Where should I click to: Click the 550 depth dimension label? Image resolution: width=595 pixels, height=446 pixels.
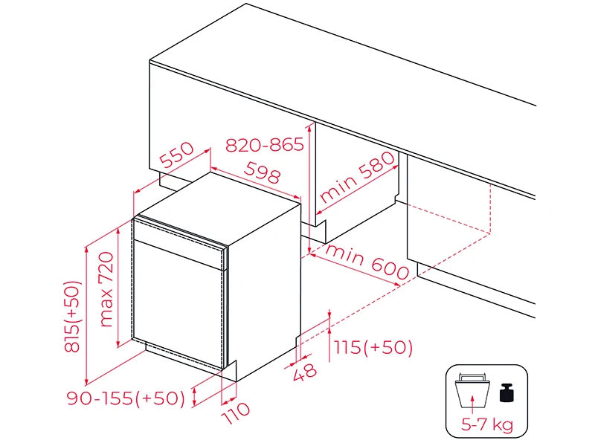pos(177,155)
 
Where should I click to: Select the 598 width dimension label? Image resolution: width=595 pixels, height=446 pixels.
pos(263,172)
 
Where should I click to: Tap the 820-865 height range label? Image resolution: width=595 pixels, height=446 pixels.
pos(265,144)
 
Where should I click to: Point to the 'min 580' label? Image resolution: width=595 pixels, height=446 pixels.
pos(357,176)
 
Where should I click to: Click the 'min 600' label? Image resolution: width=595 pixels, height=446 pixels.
pos(367,262)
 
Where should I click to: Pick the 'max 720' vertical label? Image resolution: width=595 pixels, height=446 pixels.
pos(106,289)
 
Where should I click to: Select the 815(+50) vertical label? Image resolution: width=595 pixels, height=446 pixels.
pos(71,317)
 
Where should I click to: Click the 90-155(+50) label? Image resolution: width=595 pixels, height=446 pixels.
pos(126,398)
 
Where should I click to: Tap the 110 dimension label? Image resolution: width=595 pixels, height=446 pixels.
pos(236,413)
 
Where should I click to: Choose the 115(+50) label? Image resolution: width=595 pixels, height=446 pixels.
pos(373,347)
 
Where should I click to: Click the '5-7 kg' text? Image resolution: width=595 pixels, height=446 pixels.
pos(487,424)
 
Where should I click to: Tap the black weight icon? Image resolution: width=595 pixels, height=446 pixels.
pos(506,392)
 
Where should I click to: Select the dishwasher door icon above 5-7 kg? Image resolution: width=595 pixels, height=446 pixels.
pos(472,390)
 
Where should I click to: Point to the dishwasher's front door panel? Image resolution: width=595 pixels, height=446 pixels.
pos(178,304)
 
